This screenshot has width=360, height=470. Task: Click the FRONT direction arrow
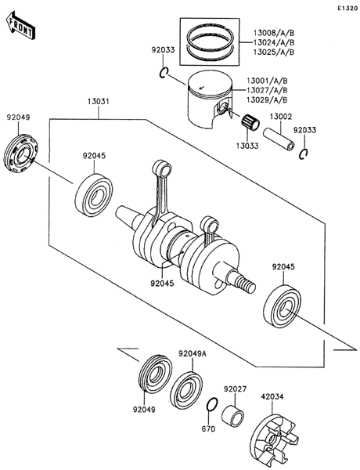20,26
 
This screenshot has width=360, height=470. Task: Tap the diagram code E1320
347,9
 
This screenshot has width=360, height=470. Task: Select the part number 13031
99,102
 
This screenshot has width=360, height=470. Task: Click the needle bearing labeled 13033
250,123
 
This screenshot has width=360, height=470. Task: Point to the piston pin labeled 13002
279,140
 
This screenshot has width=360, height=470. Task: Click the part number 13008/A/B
274,33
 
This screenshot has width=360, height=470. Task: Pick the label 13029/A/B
267,99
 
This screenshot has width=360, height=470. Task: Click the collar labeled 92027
232,414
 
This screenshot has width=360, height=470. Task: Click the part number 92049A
193,354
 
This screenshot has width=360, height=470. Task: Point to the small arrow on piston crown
202,88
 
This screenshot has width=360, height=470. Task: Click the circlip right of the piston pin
304,154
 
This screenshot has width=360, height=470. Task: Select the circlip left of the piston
164,73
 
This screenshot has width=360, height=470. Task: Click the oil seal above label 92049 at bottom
156,373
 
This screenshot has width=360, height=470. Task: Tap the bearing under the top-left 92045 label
94,195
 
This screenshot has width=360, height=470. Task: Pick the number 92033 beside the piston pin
304,130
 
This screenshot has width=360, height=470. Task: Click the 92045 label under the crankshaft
162,283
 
